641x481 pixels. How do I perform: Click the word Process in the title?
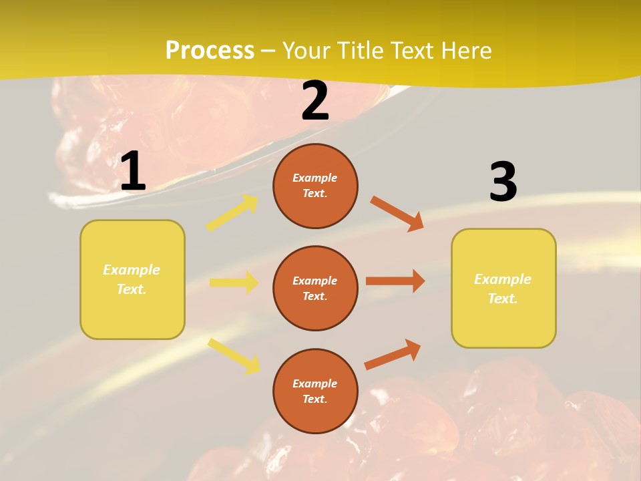[x=210, y=50]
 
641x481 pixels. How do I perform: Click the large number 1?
[x=133, y=172]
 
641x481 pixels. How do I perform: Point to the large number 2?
[x=315, y=101]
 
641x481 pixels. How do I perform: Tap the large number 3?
[x=503, y=182]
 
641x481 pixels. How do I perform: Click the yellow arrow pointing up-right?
[x=232, y=213]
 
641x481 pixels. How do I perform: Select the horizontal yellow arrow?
[x=234, y=283]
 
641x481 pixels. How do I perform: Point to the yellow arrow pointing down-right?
[x=234, y=355]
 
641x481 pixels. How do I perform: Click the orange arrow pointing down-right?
[x=397, y=213]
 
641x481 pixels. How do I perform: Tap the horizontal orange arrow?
[x=395, y=281]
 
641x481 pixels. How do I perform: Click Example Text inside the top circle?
[x=315, y=186]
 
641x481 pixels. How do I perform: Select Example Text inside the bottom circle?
[x=315, y=391]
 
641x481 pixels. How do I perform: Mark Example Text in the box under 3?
[x=503, y=289]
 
